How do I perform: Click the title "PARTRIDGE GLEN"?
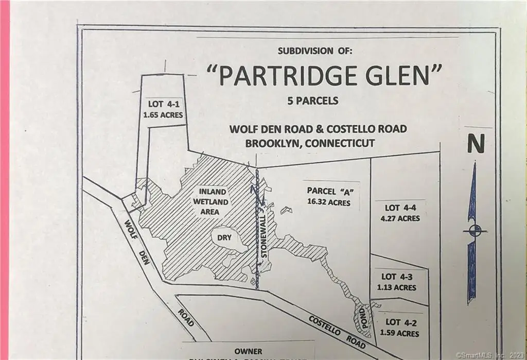(x=324, y=76)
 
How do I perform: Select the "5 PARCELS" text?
(x=313, y=101)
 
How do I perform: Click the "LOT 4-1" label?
(x=163, y=105)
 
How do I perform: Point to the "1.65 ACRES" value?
(x=163, y=115)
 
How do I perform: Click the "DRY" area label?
(x=224, y=238)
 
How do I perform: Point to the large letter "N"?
(x=476, y=145)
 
